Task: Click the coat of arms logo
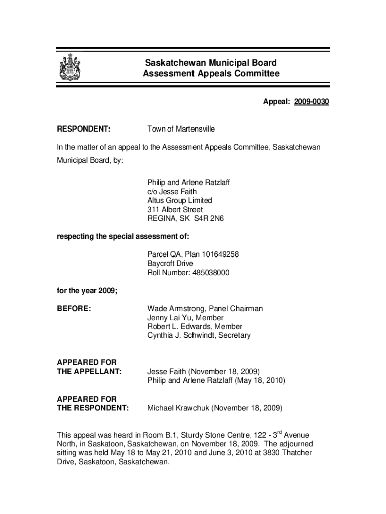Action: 69,67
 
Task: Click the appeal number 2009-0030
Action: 311,102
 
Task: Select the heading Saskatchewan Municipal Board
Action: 211,63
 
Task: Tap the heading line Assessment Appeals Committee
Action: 211,74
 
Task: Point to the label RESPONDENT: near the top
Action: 84,129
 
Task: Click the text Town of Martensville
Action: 180,129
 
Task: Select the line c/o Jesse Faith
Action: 172,192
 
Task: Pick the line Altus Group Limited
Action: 179,200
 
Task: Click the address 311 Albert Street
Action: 174,209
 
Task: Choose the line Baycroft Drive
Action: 170,264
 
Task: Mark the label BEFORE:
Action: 74,309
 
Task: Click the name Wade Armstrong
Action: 175,309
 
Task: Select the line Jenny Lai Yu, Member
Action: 185,318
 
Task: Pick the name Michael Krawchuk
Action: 178,408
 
